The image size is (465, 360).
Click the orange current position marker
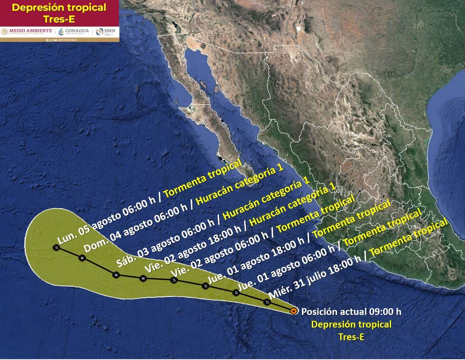coord(294,311)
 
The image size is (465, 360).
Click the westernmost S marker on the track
coord(56,247)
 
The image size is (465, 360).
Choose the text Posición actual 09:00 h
coord(351,311)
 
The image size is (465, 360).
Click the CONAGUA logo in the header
coord(73,31)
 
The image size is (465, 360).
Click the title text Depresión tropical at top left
coord(59,8)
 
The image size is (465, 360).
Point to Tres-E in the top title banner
coord(59,19)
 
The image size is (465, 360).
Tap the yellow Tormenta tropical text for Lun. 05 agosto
coord(203,178)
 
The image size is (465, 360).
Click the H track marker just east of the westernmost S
coord(82,258)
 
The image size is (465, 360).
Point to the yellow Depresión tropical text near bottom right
coord(351,324)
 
